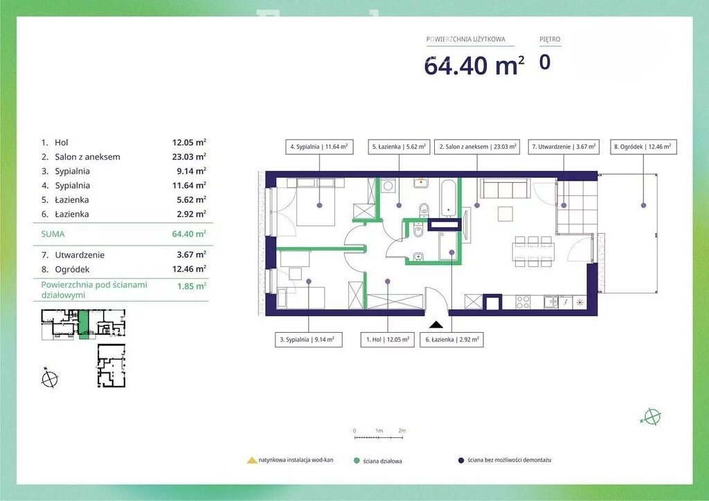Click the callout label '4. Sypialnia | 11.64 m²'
(x=319, y=147)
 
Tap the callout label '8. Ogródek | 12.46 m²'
(x=643, y=147)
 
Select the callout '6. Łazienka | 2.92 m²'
(x=451, y=339)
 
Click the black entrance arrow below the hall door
(x=436, y=324)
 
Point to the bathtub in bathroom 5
(x=448, y=197)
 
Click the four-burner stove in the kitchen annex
(x=523, y=302)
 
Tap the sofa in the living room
(x=505, y=188)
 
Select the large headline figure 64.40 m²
(x=474, y=65)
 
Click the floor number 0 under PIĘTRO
(x=545, y=62)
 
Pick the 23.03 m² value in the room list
(x=189, y=156)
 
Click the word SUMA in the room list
(x=53, y=234)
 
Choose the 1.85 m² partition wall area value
(x=192, y=286)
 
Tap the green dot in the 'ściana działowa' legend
(x=357, y=461)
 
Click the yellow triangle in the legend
(x=252, y=460)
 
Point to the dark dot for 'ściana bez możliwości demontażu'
(x=461, y=460)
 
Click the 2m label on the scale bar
(x=402, y=430)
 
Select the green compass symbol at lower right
(x=652, y=417)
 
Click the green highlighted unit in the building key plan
(x=84, y=324)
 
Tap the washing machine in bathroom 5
(x=388, y=185)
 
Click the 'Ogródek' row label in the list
(x=72, y=269)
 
